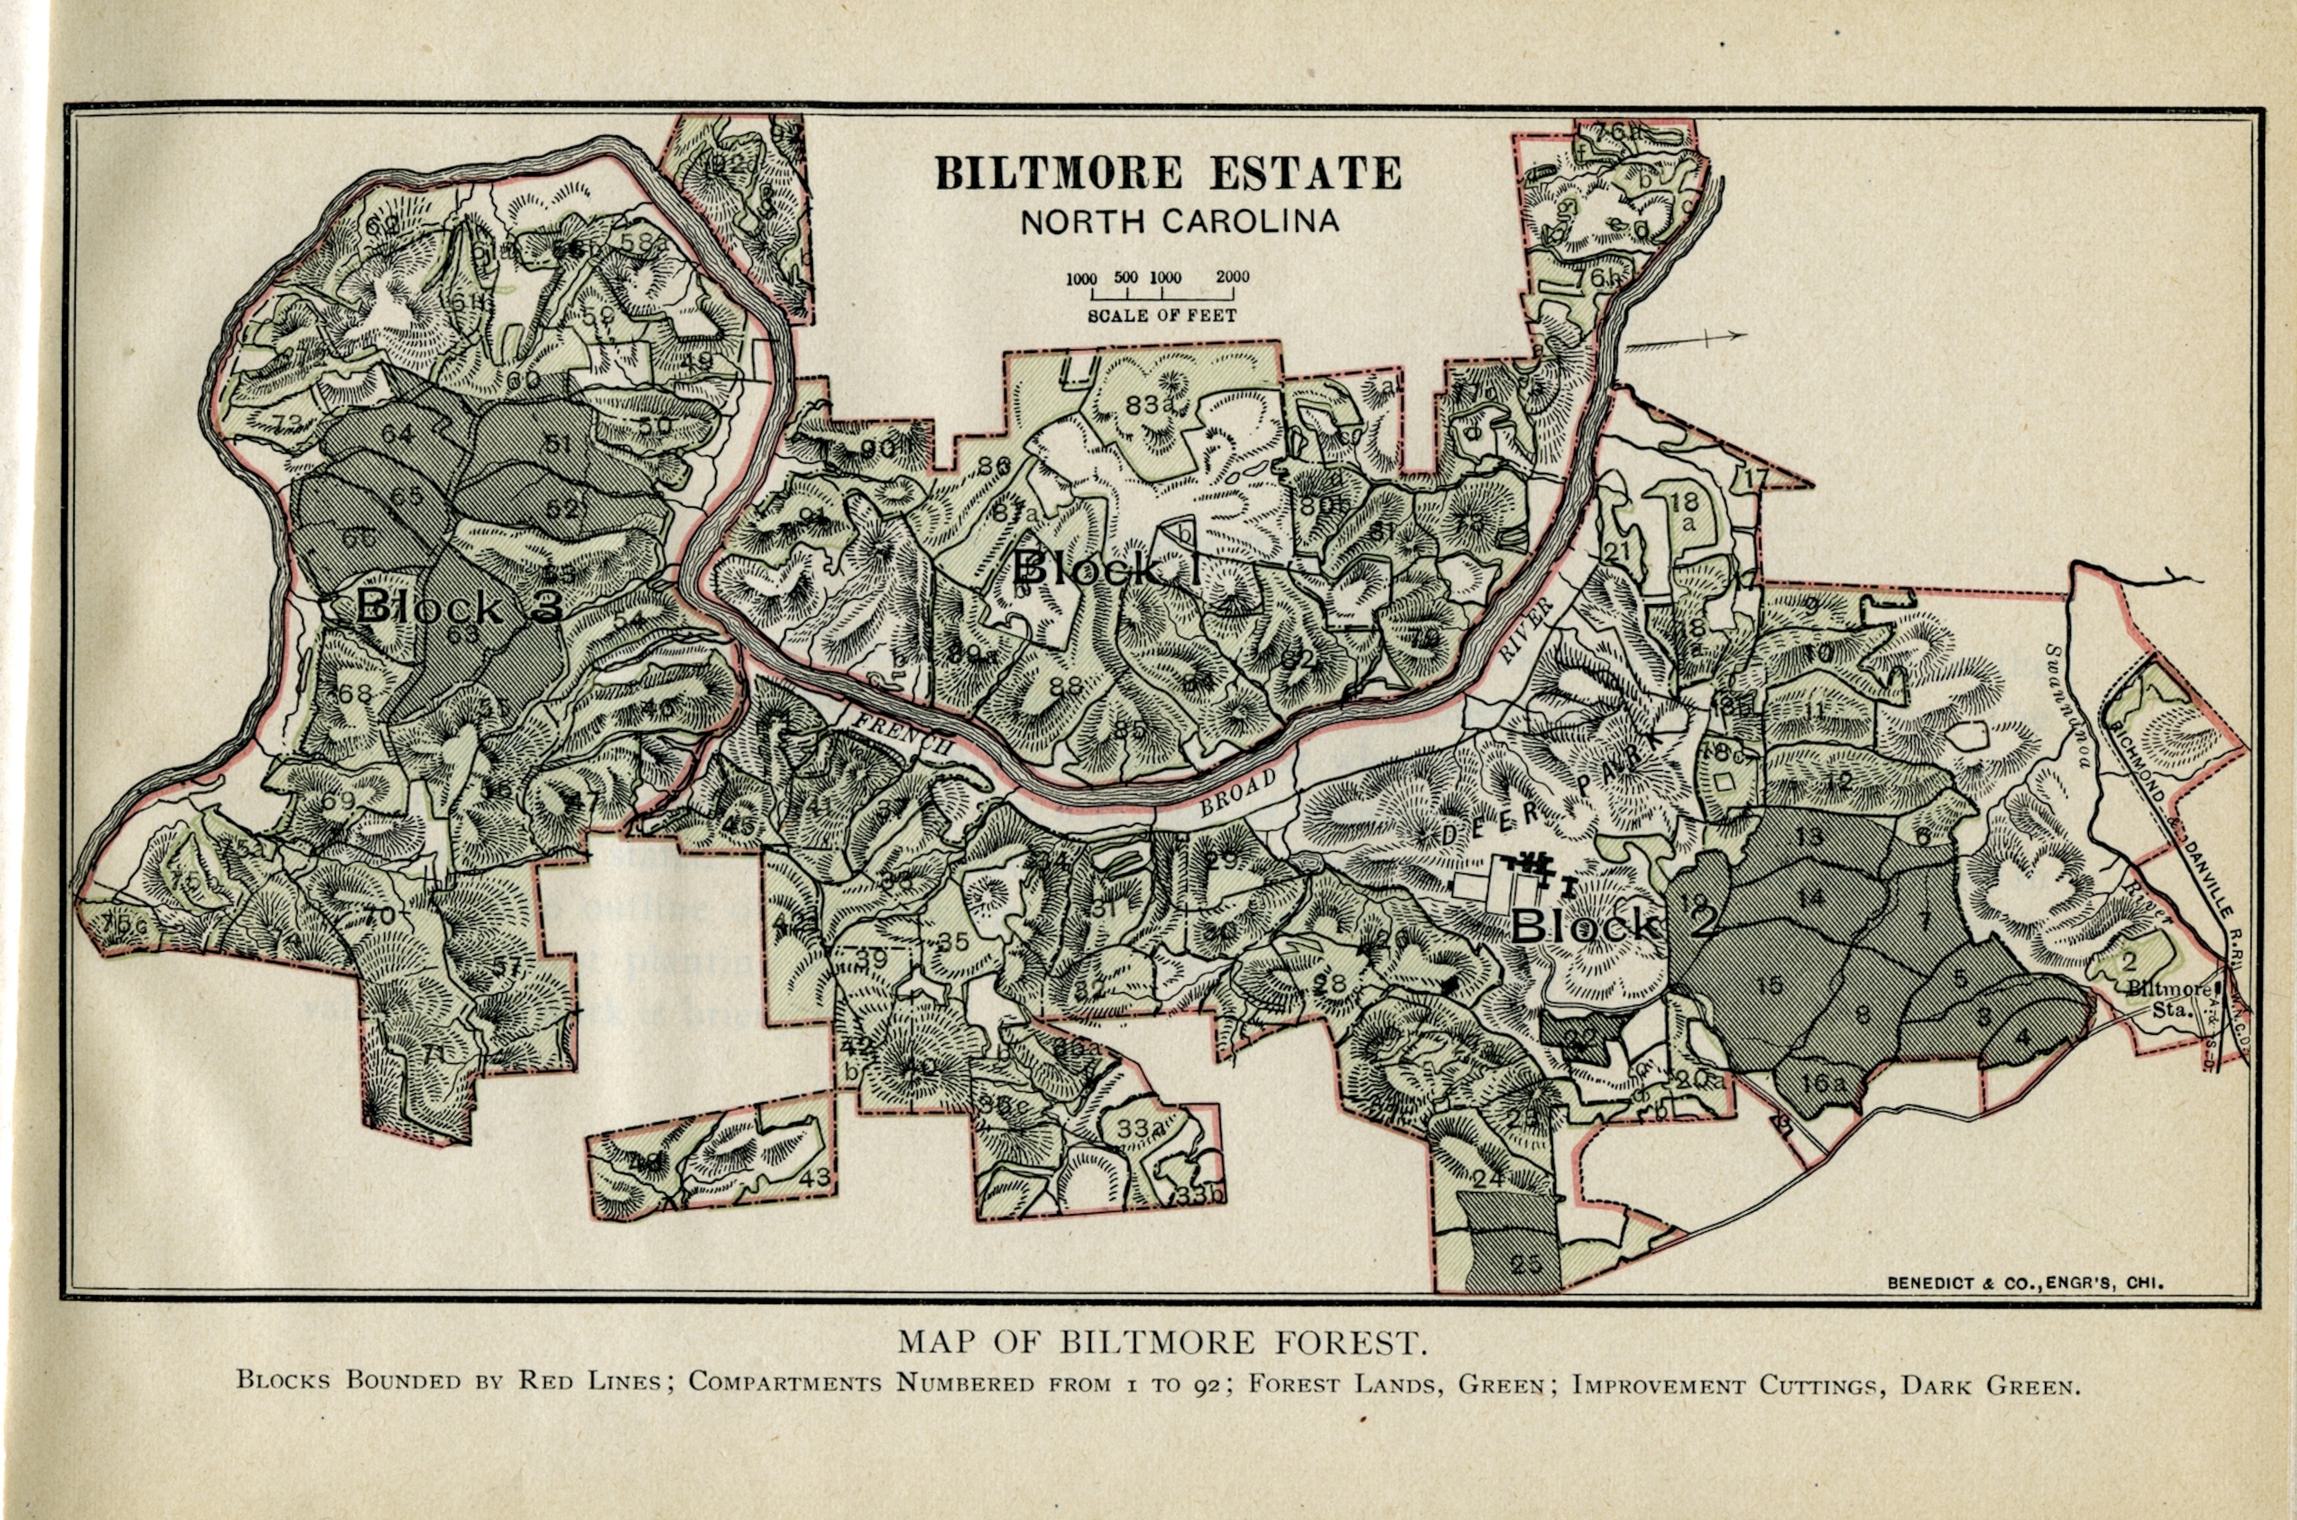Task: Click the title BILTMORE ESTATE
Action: tap(1168, 173)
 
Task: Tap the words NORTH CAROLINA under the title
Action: tap(1179, 222)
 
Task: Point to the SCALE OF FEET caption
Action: tap(1161, 316)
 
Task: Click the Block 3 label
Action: tap(459, 607)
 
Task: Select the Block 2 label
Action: tap(1614, 926)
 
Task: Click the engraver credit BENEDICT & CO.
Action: tap(2025, 1282)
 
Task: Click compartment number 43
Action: tap(815, 1177)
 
